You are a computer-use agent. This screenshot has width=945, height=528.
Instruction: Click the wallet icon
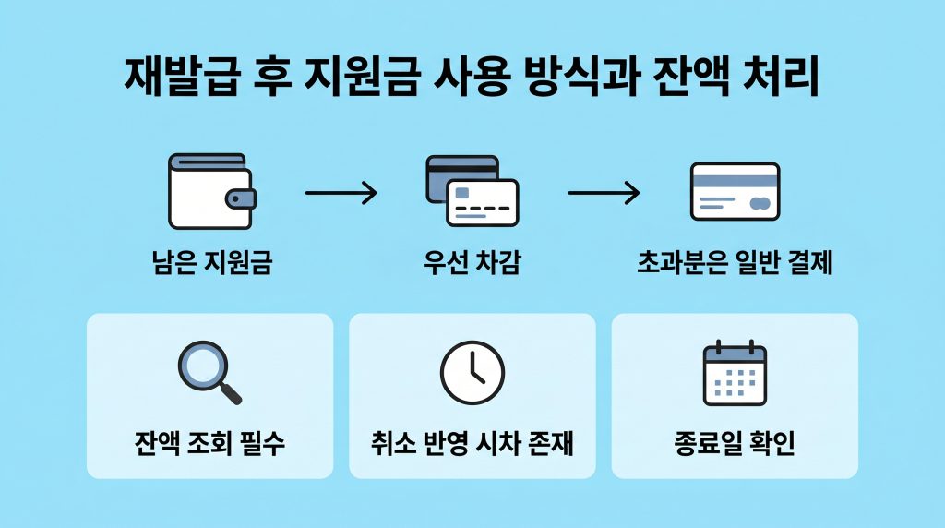pos(211,192)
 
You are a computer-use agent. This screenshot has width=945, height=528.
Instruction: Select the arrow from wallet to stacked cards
pos(341,193)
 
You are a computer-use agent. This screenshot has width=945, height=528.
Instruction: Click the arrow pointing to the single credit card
pos(603,193)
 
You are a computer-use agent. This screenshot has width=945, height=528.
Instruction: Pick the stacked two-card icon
pos(472,191)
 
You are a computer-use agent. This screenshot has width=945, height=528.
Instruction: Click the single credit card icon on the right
pos(735,191)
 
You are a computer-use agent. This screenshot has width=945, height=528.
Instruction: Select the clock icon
pos(472,372)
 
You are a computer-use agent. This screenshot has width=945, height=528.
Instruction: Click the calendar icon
pos(735,373)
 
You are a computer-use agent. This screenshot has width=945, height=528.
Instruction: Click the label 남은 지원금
pos(211,265)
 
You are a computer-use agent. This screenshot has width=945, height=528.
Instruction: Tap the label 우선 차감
pos(472,265)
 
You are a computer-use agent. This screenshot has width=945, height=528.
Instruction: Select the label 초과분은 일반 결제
pos(735,265)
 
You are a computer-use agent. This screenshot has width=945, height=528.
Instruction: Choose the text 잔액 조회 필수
pos(209,444)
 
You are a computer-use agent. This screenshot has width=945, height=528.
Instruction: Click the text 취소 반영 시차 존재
pos(472,444)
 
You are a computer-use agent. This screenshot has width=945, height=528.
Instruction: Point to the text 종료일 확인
pos(735,444)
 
